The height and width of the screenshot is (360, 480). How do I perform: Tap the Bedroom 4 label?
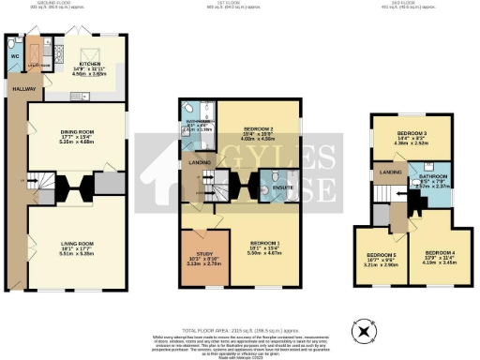(x=439, y=253)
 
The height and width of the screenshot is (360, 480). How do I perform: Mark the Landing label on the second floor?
(x=384, y=172)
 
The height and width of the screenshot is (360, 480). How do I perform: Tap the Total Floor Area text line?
(x=239, y=330)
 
